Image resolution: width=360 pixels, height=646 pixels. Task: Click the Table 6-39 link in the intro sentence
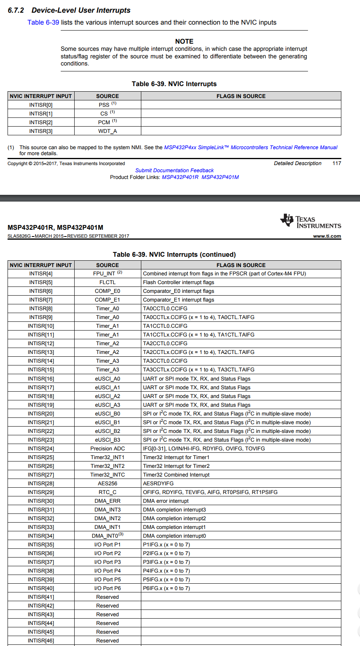tap(43, 22)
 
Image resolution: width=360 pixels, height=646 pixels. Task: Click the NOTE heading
tap(184, 41)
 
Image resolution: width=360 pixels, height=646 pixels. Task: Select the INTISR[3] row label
tap(41, 131)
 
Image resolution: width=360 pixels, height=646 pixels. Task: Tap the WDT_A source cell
tap(108, 131)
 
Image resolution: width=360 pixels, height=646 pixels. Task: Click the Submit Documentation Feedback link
tap(174, 170)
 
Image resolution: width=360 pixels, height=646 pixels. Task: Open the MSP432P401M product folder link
tap(220, 177)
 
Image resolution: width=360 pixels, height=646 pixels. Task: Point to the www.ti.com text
tap(327, 236)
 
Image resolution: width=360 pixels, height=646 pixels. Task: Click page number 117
tap(337, 163)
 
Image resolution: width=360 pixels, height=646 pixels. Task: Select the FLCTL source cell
tap(108, 282)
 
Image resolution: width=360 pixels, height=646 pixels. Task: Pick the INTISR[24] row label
tap(41, 448)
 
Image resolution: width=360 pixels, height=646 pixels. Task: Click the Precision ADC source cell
tap(108, 448)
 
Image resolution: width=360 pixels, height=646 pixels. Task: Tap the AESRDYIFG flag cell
tap(158, 483)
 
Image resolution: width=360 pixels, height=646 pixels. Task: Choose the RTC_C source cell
tap(108, 492)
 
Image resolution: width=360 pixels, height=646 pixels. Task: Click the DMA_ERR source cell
tap(108, 501)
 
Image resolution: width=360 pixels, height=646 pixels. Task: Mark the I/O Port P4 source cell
tap(108, 571)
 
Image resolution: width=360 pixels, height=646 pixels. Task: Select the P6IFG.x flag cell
tap(166, 588)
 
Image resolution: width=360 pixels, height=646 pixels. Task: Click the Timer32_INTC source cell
tap(108, 475)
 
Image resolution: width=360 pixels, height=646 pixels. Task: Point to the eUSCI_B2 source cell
tap(108, 431)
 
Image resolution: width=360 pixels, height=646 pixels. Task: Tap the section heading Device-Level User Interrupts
tap(81, 10)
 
